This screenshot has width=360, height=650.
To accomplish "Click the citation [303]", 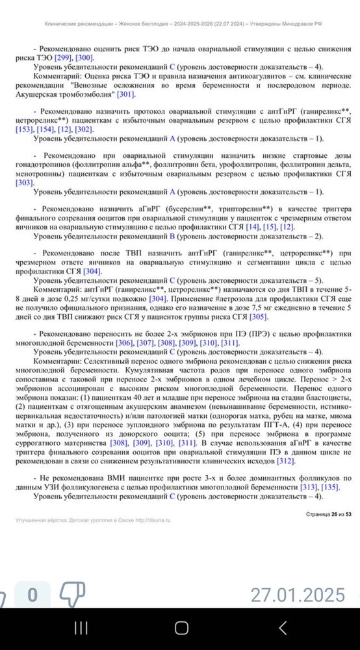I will click(23, 183).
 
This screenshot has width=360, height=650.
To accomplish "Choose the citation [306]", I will click(125, 343).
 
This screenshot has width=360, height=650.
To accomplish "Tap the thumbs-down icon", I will click(73, 593).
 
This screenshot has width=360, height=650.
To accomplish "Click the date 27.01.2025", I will click(298, 594).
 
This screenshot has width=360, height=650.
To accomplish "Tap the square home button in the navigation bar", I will click(181, 629).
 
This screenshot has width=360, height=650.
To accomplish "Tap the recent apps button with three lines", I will click(81, 629).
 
